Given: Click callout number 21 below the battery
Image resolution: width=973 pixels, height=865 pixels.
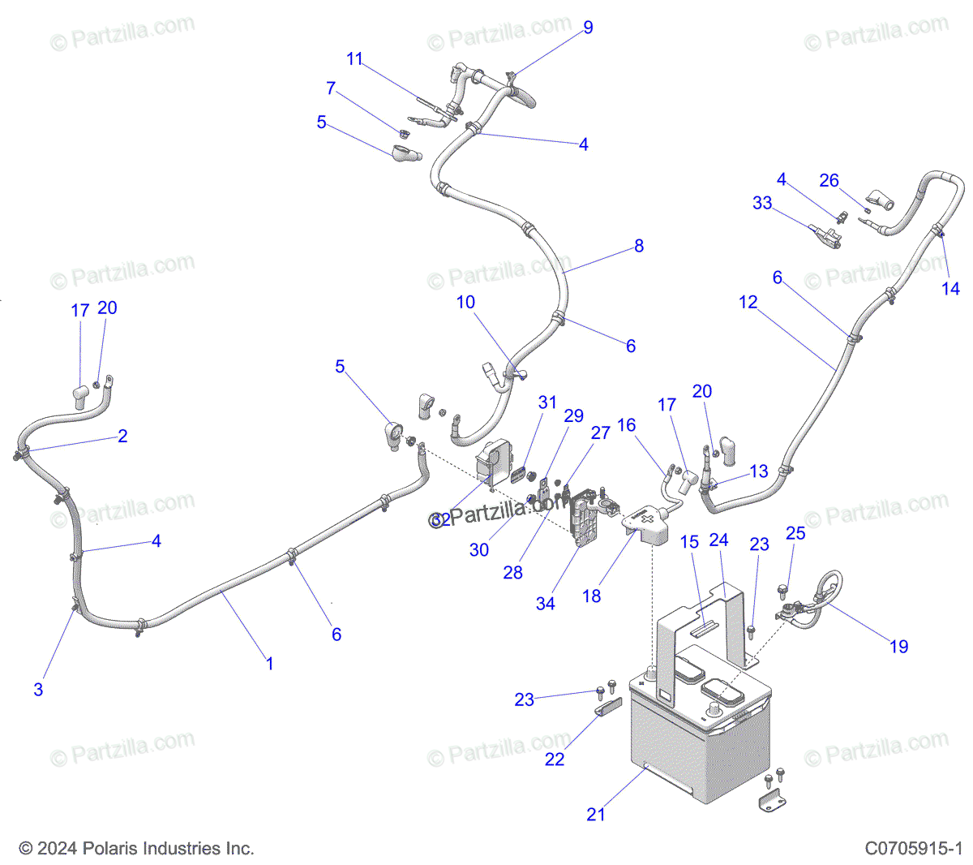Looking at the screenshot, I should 596,814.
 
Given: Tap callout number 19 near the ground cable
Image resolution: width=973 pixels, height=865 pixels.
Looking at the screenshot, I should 899,646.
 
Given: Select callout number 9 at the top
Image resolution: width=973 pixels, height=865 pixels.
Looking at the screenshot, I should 588,28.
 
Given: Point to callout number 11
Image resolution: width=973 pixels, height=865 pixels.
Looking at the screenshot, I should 354,58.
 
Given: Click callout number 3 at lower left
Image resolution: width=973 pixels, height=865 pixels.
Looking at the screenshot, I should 38,689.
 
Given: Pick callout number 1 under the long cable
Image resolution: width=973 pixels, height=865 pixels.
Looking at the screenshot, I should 270,663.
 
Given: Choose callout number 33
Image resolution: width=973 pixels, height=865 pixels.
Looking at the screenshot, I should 762,202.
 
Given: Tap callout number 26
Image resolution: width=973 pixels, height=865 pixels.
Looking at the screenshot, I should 829,180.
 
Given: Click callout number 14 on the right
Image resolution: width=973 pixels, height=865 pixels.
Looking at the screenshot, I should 950,288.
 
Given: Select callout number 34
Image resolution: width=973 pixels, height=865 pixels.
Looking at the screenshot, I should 546,603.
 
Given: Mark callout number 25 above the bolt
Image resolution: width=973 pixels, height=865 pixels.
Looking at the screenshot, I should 795,532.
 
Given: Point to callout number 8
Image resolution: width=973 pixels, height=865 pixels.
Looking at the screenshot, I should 639,245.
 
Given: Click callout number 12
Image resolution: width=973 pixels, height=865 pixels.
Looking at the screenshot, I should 748,302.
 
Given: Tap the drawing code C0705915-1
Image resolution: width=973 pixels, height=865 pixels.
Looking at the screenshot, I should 913,849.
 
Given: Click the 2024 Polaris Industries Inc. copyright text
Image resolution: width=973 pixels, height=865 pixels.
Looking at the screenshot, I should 136,849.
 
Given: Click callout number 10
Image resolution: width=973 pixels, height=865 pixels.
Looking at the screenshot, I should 465,302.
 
